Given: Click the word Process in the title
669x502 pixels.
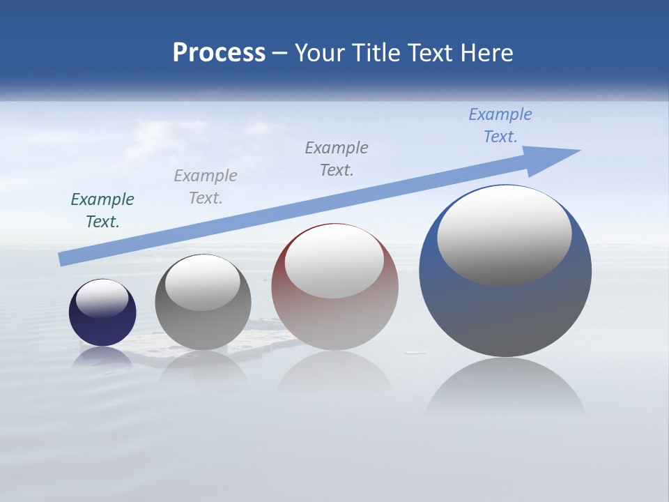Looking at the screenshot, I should (219, 53).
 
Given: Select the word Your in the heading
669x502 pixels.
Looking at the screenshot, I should (318, 53).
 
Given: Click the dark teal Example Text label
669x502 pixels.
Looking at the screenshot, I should (102, 211).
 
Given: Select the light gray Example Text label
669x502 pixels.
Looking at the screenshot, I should (206, 187).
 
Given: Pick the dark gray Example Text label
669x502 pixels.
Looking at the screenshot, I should (337, 159).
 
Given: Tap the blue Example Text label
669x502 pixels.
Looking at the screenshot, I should (500, 125).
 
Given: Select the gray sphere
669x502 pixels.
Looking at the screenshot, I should (203, 328).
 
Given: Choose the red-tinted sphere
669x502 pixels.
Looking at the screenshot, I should (334, 321).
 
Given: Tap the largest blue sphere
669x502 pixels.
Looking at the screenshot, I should (505, 314).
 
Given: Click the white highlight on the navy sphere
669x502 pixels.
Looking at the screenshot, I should (102, 298).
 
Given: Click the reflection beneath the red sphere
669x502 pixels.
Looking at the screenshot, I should (334, 376).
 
